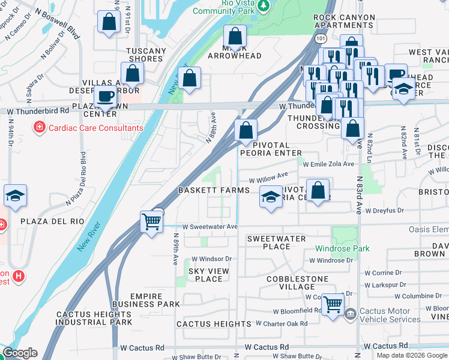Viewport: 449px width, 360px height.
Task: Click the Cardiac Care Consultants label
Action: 95,128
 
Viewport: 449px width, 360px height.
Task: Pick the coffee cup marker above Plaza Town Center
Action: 105,96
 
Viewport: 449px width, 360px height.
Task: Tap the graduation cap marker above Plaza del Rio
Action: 15,196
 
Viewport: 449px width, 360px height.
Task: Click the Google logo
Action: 20,353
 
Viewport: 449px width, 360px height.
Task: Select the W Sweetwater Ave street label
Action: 210,227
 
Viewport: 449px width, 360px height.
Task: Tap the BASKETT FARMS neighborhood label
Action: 213,190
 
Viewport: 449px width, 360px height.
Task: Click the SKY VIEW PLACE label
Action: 209,275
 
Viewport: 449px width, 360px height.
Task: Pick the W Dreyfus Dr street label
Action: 384,211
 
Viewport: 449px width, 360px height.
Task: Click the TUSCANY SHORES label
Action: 145,55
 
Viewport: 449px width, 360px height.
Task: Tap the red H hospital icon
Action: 19,276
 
